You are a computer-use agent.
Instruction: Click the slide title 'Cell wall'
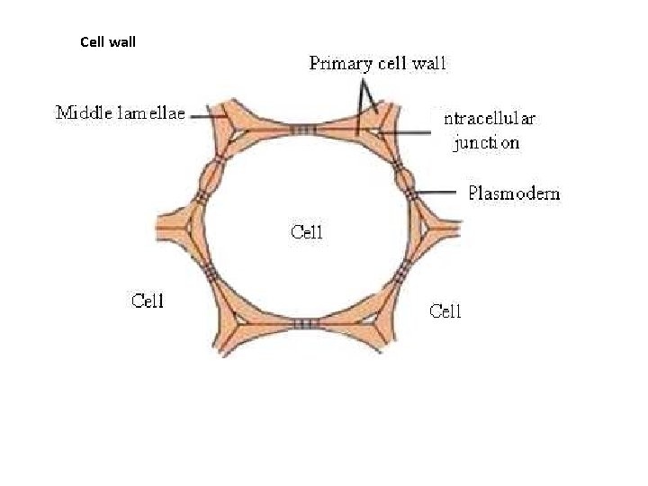(x=108, y=41)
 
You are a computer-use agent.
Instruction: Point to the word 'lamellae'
(x=155, y=113)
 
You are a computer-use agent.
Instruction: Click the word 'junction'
(x=487, y=143)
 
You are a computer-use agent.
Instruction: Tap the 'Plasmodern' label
(x=514, y=193)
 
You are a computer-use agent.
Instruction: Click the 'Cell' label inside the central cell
(x=306, y=231)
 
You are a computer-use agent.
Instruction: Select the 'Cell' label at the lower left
(x=148, y=301)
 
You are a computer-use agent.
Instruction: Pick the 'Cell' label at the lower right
(x=445, y=311)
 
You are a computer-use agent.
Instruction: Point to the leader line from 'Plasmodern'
(x=441, y=193)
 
